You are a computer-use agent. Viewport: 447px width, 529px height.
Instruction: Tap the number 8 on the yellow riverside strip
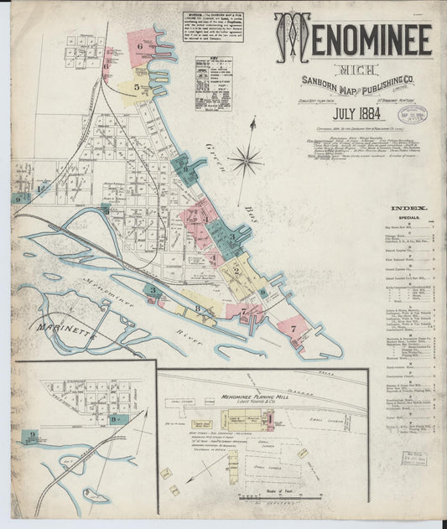pyautogui.click(x=198, y=309)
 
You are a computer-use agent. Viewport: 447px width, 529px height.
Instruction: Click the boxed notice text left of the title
pyautogui.click(x=213, y=26)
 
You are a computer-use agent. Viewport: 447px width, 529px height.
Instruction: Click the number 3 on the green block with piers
pyautogui.click(x=231, y=237)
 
